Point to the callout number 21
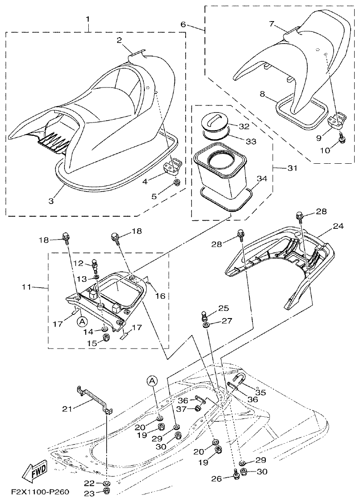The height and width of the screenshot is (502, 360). click(x=67, y=408)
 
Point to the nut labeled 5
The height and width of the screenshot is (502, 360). click(x=177, y=182)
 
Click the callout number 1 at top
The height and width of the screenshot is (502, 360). click(x=88, y=19)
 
